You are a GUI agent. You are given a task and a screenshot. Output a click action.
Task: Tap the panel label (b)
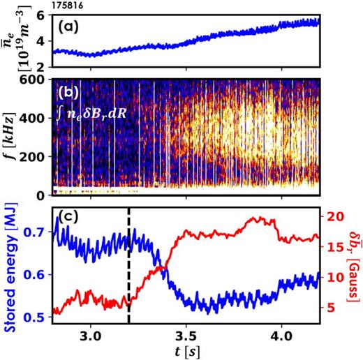pyautogui.click(x=72, y=89)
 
